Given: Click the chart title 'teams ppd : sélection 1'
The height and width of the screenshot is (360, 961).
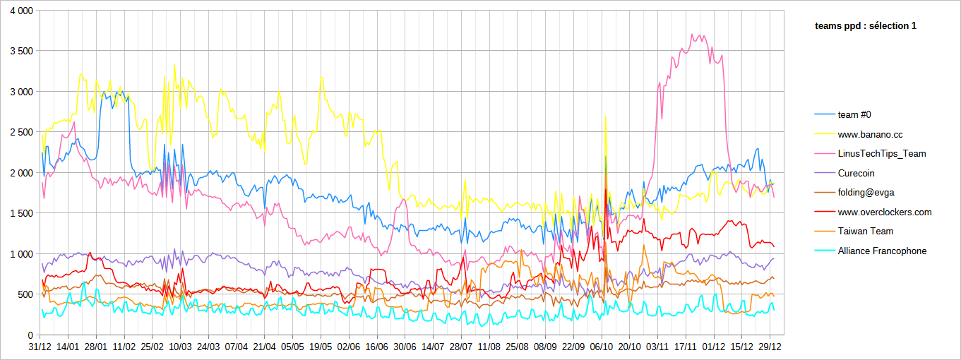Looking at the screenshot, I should click(865, 26).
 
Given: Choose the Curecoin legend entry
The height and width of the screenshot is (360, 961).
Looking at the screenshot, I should click(856, 173).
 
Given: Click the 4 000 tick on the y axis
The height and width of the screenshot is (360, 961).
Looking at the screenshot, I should click(20, 12).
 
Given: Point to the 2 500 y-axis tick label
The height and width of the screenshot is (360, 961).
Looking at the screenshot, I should click(20, 132).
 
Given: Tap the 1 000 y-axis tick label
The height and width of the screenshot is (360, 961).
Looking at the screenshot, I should click(20, 253).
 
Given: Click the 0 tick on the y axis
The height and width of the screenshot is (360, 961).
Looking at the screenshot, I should click(30, 335).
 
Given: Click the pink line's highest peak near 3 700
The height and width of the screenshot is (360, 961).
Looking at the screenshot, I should click(693, 34).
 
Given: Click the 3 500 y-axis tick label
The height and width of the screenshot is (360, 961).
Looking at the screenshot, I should click(20, 51).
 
